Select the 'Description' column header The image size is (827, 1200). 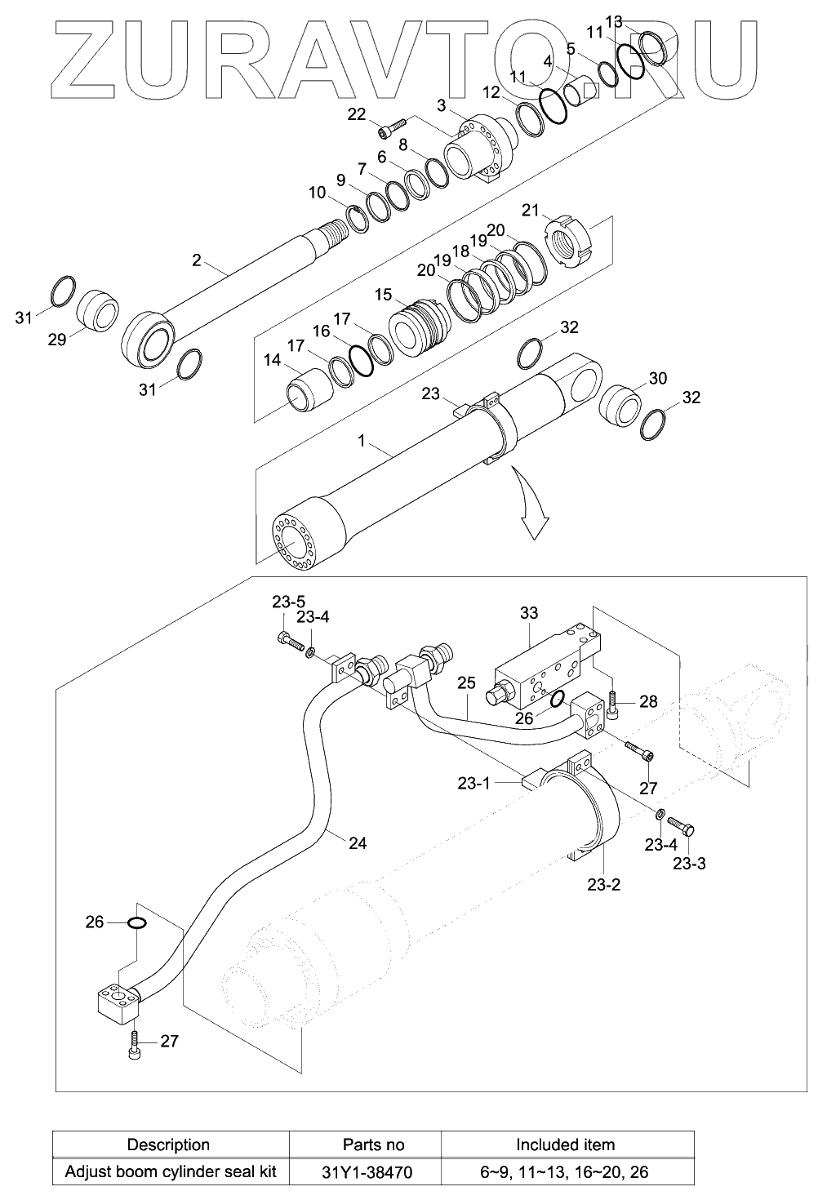pyautogui.click(x=168, y=1144)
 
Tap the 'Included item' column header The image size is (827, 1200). pyautogui.click(x=565, y=1144)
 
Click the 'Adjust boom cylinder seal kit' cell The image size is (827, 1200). pyautogui.click(x=170, y=1172)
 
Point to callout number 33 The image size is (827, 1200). pyautogui.click(x=528, y=613)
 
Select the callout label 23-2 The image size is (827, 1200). pyautogui.click(x=604, y=883)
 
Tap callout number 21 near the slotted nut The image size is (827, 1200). pyautogui.click(x=531, y=211)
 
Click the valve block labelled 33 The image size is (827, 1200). pyautogui.click(x=543, y=665)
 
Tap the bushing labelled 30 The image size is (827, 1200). pyautogui.click(x=623, y=405)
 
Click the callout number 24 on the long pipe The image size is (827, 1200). pyautogui.click(x=358, y=843)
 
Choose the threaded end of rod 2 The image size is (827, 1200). pyautogui.click(x=336, y=231)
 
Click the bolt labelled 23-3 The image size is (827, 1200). pyautogui.click(x=685, y=829)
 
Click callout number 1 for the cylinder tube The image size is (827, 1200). pyautogui.click(x=360, y=440)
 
